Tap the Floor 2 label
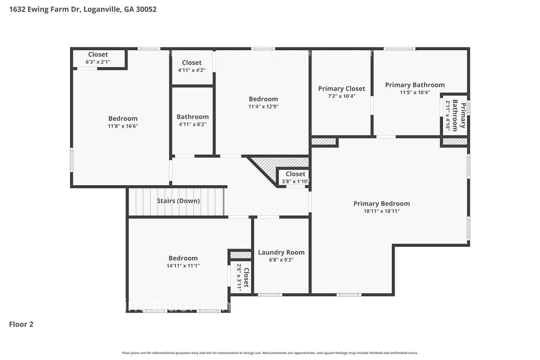coord(21,324)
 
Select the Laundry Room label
coord(281,252)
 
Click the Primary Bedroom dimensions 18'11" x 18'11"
coord(382,211)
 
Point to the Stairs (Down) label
coord(178,201)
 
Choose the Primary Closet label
coord(341,89)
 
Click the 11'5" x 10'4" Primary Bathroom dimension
coord(415,93)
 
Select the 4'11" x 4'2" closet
coord(192,66)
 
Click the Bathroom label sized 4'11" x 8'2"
coord(193,117)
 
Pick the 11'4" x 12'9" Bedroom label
coord(263,99)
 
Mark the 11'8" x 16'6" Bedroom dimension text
coord(123,126)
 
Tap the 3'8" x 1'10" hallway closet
coord(295,177)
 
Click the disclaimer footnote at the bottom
coord(270,353)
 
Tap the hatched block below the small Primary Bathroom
coord(454,141)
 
